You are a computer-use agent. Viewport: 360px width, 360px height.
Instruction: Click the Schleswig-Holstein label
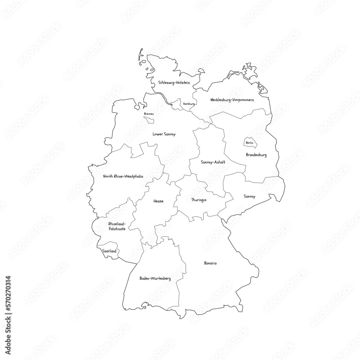tap(174, 82)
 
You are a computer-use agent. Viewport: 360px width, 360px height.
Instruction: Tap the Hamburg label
tap(189, 104)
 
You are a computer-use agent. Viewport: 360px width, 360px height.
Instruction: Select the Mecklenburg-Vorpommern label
tap(232, 99)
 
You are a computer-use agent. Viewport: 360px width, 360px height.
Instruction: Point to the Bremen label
tap(149, 114)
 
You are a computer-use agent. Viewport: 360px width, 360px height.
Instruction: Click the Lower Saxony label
tap(164, 134)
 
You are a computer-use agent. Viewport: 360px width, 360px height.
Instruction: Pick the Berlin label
tap(249, 143)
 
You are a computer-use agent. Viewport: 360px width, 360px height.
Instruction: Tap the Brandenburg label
tap(256, 155)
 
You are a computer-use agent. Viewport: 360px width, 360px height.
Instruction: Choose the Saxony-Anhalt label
tap(213, 162)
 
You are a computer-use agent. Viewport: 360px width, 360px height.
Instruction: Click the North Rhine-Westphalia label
tap(123, 176)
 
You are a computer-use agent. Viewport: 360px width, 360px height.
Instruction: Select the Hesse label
tap(158, 201)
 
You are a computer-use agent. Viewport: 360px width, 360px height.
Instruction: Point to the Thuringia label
tap(199, 200)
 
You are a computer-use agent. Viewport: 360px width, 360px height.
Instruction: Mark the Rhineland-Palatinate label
tap(117, 226)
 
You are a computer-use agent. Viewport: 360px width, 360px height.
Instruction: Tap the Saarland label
tap(109, 251)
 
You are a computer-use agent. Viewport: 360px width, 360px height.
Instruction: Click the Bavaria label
tap(210, 263)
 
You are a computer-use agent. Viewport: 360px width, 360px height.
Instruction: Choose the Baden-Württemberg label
tap(155, 279)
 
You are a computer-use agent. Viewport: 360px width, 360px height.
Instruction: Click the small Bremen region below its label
tap(149, 120)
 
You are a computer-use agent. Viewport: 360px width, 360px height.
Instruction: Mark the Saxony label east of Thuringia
tap(249, 196)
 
